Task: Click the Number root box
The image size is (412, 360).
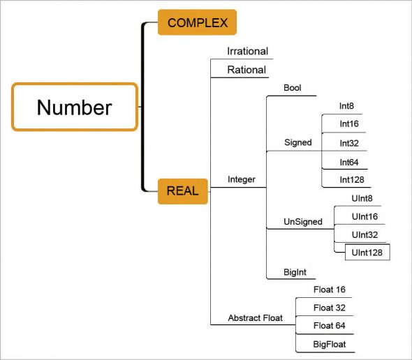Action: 74,107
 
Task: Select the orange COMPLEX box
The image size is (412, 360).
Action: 197,22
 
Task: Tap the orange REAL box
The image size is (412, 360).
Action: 182,190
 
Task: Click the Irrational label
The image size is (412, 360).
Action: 247,52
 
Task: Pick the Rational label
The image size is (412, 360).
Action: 247,69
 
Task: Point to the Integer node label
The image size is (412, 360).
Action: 242,179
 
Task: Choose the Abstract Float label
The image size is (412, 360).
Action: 255,318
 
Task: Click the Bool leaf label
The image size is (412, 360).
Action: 293,88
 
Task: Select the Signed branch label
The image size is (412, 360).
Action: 297,142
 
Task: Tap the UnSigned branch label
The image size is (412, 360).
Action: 303,222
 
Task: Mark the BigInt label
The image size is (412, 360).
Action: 295,271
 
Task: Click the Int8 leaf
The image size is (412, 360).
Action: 346,106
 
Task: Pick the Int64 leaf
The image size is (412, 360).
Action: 349,162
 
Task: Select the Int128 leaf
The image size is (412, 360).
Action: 351,179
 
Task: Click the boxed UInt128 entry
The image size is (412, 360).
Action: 367,252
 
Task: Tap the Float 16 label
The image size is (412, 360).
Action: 330,289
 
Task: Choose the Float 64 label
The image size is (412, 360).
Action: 330,325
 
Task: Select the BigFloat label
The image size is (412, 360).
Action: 330,344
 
